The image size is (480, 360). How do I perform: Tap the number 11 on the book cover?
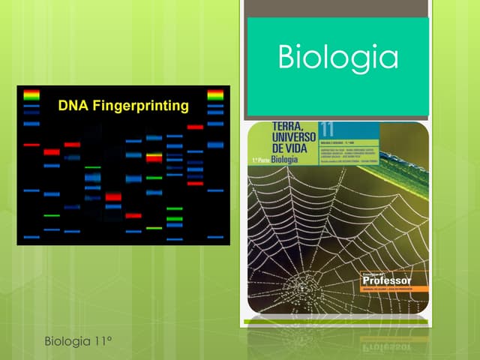coord(327,129)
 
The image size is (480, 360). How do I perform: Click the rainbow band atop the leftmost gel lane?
coord(31,95)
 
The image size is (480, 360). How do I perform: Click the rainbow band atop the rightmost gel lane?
coord(215,95)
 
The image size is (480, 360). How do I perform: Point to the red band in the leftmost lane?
coord(31,144)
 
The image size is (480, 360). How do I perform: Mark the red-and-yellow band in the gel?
coord(154,157)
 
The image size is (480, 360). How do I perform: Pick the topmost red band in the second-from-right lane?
coord(195,127)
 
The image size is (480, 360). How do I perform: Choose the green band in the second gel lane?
coord(51,215)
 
